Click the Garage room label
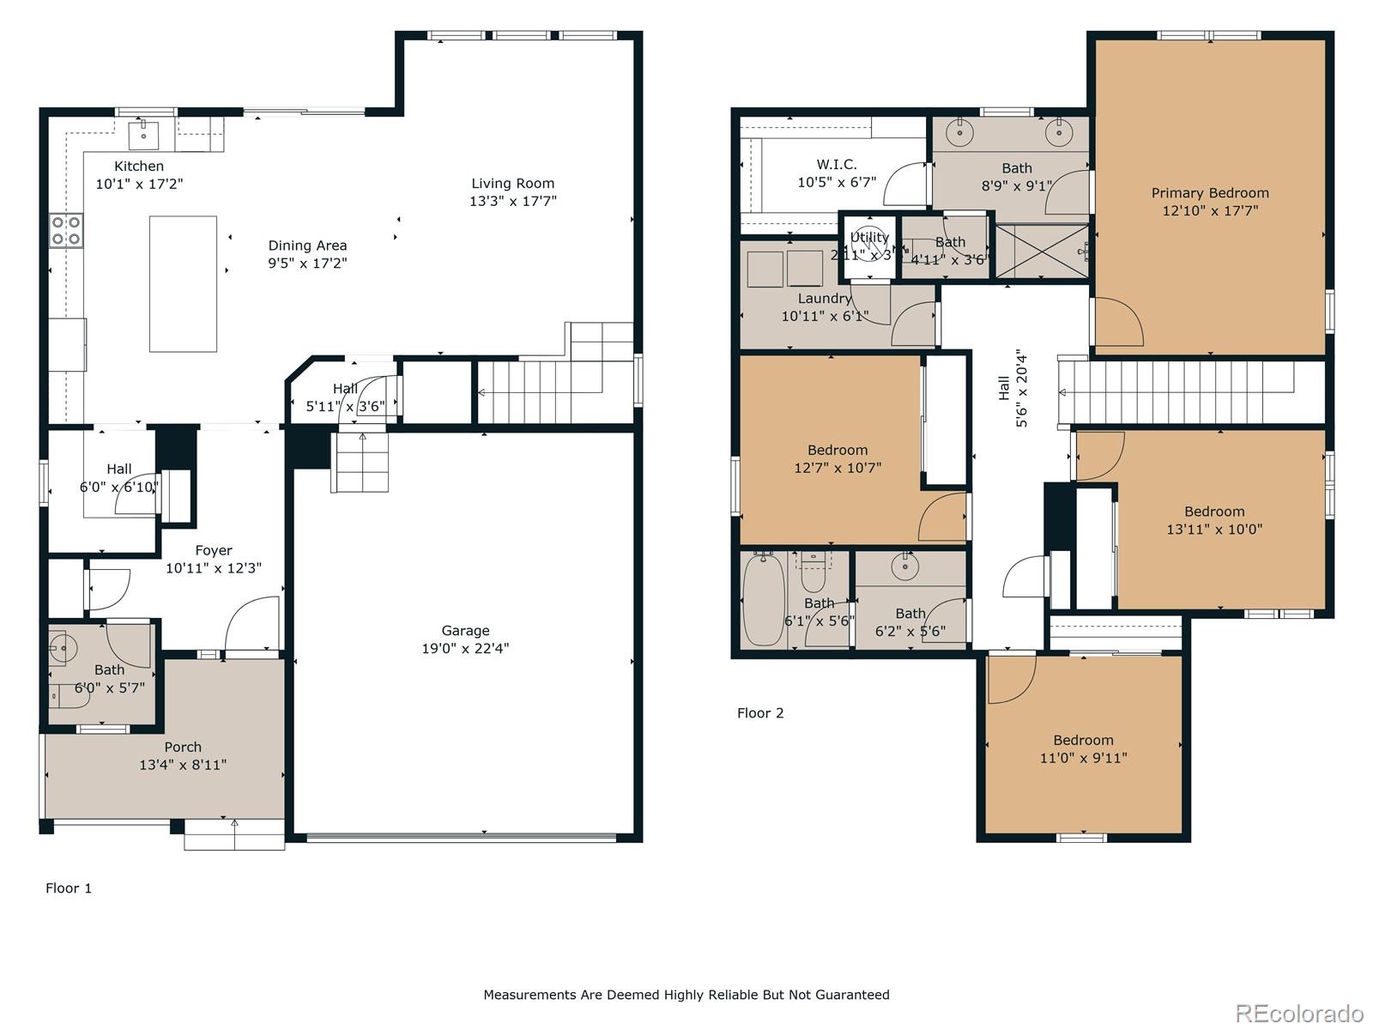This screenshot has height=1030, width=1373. (x=465, y=631)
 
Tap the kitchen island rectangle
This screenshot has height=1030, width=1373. (x=183, y=283)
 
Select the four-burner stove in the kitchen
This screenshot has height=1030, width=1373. (x=66, y=230)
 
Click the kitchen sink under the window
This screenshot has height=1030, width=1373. (x=144, y=135)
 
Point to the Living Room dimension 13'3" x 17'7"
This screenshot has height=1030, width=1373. (x=512, y=201)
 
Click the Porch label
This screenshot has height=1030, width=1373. (x=183, y=747)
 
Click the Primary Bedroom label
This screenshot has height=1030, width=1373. (x=1209, y=193)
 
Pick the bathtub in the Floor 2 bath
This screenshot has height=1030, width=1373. (x=762, y=600)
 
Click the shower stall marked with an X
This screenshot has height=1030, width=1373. (x=1040, y=251)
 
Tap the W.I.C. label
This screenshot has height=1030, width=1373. (x=836, y=164)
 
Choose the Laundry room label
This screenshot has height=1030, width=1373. (x=824, y=299)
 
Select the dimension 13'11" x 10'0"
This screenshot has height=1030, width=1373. (x=1213, y=530)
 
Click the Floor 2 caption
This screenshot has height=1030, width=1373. (x=760, y=712)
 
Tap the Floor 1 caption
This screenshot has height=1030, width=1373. (x=69, y=888)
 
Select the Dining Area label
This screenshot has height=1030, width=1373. (x=307, y=245)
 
